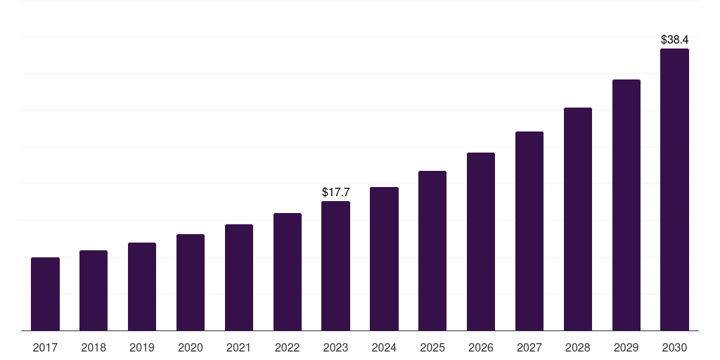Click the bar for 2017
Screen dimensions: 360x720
point(45,294)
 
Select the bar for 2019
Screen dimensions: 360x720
point(142,286)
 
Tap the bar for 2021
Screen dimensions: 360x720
point(239,277)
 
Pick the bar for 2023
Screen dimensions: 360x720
point(335,266)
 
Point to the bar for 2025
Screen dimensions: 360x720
point(432,250)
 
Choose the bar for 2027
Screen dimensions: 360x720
point(529,231)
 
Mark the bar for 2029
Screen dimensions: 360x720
point(626,205)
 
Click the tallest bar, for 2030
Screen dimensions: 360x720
point(674,189)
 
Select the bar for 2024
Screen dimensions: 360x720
point(384,259)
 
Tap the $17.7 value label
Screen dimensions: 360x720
point(335,192)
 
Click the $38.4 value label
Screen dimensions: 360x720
point(674,40)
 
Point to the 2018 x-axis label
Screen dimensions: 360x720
point(94,347)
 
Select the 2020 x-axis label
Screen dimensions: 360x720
point(191,347)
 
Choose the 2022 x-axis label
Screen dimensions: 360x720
point(288,347)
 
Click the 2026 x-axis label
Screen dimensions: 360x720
point(481,347)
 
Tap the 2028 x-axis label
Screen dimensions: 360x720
point(578,347)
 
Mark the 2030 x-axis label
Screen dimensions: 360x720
point(674,347)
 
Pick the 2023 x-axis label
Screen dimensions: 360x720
point(335,347)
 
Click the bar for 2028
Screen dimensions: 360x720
point(578,219)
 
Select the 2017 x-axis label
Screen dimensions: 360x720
point(45,347)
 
